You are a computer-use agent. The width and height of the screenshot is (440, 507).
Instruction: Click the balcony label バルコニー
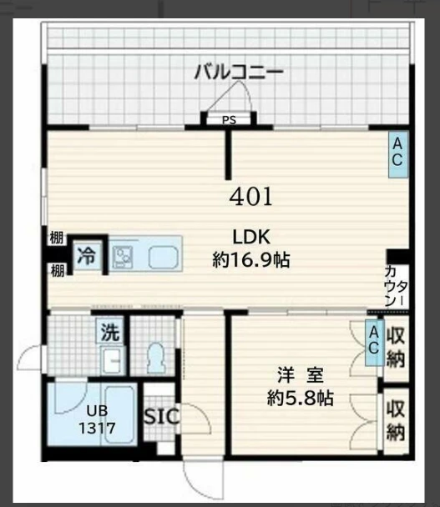pos(239,72)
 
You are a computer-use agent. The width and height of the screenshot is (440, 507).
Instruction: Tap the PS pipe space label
pos(229,120)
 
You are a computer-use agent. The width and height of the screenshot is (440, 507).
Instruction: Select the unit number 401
pos(251,197)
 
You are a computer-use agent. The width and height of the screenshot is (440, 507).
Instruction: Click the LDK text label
pos(251,237)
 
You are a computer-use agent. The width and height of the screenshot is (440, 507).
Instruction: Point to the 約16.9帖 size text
pos(251,259)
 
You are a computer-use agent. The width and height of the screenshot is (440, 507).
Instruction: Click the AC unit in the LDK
pos(398,154)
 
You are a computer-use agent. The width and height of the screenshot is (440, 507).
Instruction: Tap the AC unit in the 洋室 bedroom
pos(375,343)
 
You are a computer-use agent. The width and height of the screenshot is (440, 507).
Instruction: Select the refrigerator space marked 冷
pos(88,255)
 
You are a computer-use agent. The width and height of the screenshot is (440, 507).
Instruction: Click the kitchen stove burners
pos(123,257)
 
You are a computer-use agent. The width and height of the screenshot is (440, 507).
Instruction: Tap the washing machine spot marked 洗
pos(110,331)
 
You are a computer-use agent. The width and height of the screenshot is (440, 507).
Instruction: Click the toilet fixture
pos(156,358)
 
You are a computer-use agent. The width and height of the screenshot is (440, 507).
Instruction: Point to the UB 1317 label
pos(98,419)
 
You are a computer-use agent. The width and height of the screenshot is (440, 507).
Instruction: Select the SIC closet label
pos(161,416)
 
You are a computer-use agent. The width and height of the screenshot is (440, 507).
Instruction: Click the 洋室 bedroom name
pos(301,374)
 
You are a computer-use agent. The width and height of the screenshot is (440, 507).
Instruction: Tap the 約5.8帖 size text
pos(301,398)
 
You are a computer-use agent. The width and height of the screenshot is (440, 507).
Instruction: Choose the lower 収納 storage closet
pos(397,420)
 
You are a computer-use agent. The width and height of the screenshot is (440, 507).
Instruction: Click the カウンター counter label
pos(396,286)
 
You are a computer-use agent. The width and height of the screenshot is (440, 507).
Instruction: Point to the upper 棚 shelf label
pos(56,238)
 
